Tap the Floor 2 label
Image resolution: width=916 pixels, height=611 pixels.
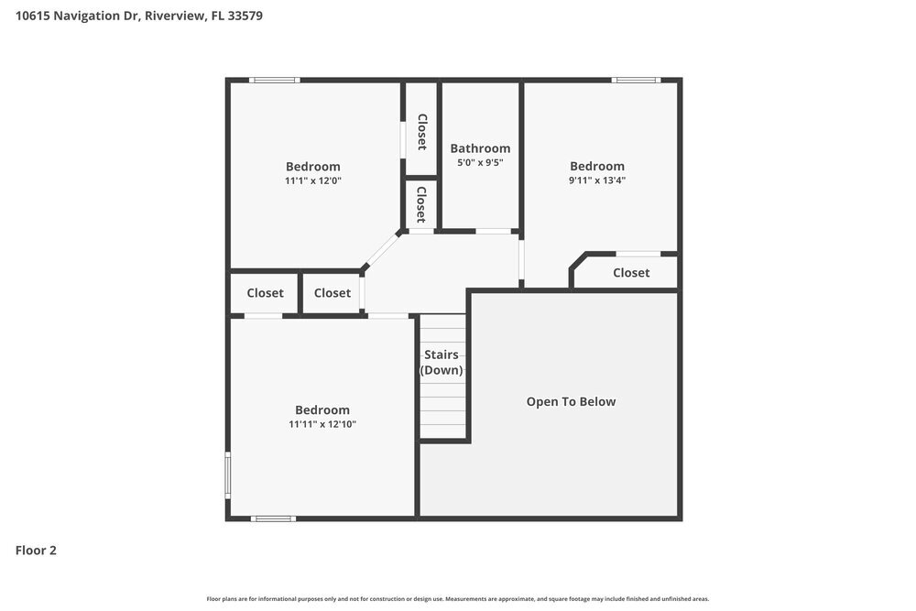pyautogui.click(x=36, y=551)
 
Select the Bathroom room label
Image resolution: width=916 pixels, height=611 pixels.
pyautogui.click(x=480, y=148)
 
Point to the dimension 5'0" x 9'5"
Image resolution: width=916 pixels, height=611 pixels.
pyautogui.click(x=480, y=163)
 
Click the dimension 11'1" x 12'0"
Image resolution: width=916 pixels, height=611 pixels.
pyautogui.click(x=313, y=180)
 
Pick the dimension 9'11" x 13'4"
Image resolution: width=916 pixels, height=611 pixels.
pyautogui.click(x=597, y=180)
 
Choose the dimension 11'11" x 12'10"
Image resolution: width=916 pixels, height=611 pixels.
pyautogui.click(x=322, y=424)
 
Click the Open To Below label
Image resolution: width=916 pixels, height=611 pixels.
pyautogui.click(x=571, y=401)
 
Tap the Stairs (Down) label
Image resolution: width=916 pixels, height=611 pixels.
pyautogui.click(x=442, y=363)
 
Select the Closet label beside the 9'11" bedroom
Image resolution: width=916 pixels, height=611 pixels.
pyautogui.click(x=631, y=273)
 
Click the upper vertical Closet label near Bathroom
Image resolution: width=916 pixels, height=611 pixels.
pyautogui.click(x=421, y=131)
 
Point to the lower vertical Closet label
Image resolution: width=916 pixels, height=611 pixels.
pyautogui.click(x=421, y=204)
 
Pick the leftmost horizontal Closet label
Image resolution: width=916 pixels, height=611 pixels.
pyautogui.click(x=265, y=293)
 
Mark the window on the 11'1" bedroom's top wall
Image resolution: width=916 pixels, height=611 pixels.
pyautogui.click(x=275, y=81)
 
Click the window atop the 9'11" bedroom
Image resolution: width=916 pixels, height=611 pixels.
pyautogui.click(x=636, y=81)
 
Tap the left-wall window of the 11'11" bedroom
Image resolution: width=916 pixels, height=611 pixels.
pyautogui.click(x=228, y=475)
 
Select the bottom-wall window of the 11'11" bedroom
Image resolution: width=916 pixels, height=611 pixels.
pyautogui.click(x=273, y=518)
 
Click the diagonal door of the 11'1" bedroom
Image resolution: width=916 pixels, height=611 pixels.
pyautogui.click(x=382, y=250)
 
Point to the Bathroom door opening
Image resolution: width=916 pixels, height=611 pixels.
pyautogui.click(x=494, y=231)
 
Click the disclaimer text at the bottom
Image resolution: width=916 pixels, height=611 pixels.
pyautogui.click(x=458, y=598)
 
